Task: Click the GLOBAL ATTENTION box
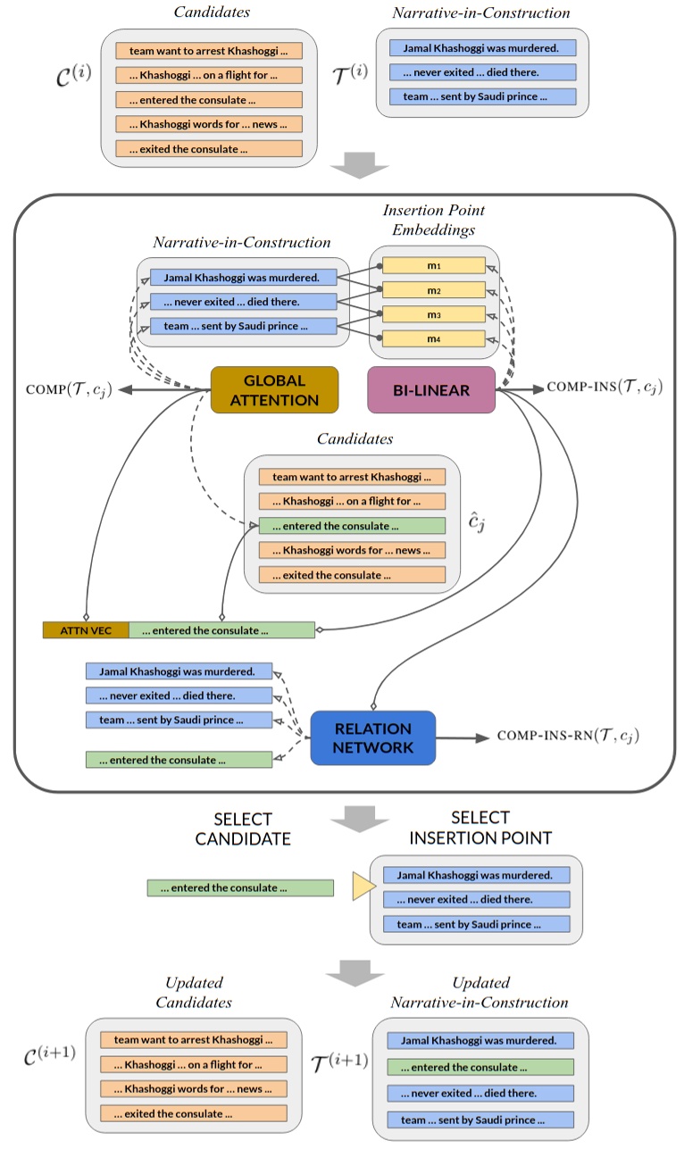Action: (274, 389)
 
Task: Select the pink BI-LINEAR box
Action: (431, 389)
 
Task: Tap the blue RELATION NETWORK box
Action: (372, 737)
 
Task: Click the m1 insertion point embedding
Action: (433, 266)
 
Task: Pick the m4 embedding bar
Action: (433, 338)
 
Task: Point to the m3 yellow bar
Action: (433, 314)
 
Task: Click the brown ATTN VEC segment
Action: (86, 630)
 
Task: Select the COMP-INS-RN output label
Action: (568, 737)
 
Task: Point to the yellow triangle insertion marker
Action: (363, 887)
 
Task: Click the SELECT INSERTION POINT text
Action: (480, 828)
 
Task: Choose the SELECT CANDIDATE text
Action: (244, 828)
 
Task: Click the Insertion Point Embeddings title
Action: (435, 219)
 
